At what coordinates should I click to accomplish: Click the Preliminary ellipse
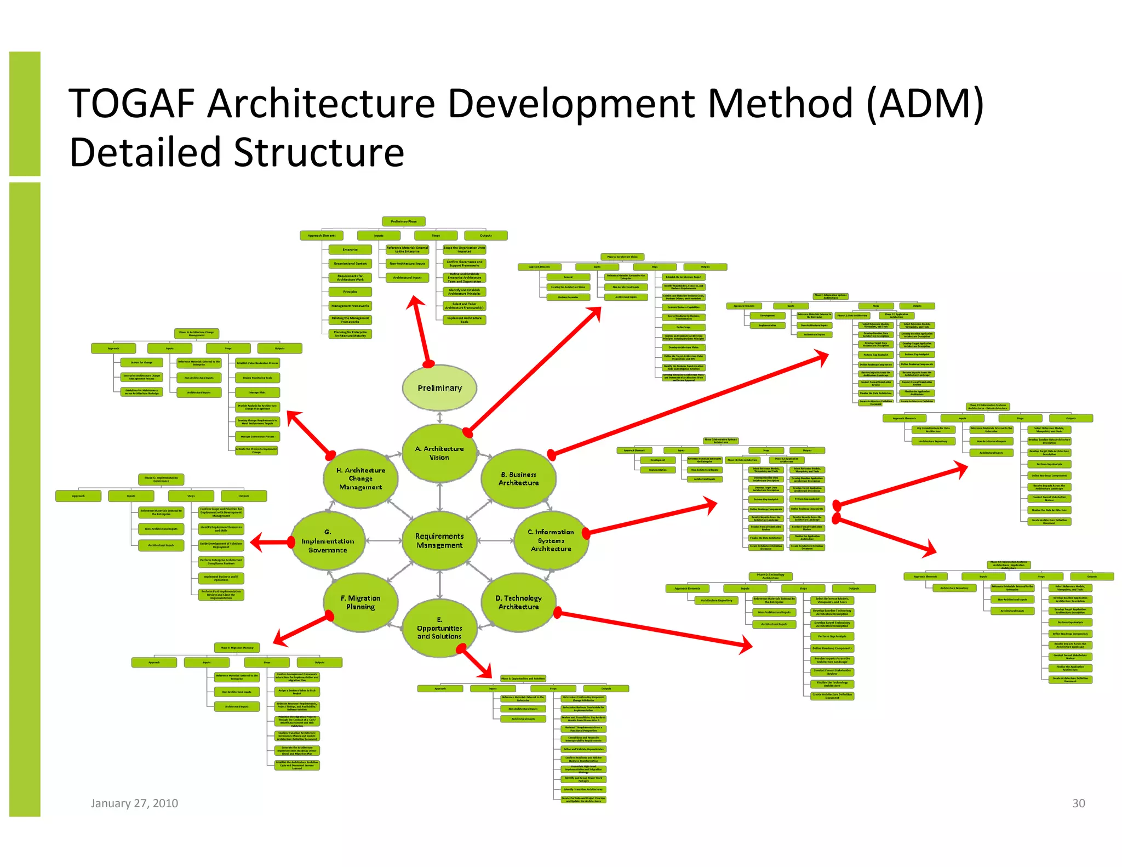pyautogui.click(x=439, y=387)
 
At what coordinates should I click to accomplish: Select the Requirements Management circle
pyautogui.click(x=439, y=540)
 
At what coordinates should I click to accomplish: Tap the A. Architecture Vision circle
pyautogui.click(x=439, y=453)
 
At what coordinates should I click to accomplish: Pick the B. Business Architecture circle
pyautogui.click(x=518, y=478)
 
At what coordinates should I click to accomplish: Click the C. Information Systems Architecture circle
pyautogui.click(x=551, y=540)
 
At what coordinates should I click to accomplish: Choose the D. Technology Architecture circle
pyautogui.click(x=518, y=602)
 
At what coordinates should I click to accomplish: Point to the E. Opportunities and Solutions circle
pyautogui.click(x=439, y=628)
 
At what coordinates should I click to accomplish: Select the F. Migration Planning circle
pyautogui.click(x=360, y=602)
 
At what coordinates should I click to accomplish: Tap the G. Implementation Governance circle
pyautogui.click(x=328, y=540)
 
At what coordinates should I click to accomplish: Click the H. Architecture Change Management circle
pyautogui.click(x=360, y=478)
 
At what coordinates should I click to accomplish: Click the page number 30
pyautogui.click(x=1078, y=803)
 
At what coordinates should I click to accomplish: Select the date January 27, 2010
pyautogui.click(x=134, y=803)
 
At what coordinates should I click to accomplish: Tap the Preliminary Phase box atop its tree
pyautogui.click(x=404, y=221)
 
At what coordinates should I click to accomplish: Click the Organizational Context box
pyautogui.click(x=350, y=264)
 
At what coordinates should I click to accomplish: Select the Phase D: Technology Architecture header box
pyautogui.click(x=770, y=576)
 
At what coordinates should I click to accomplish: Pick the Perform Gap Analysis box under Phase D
pyautogui.click(x=832, y=636)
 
